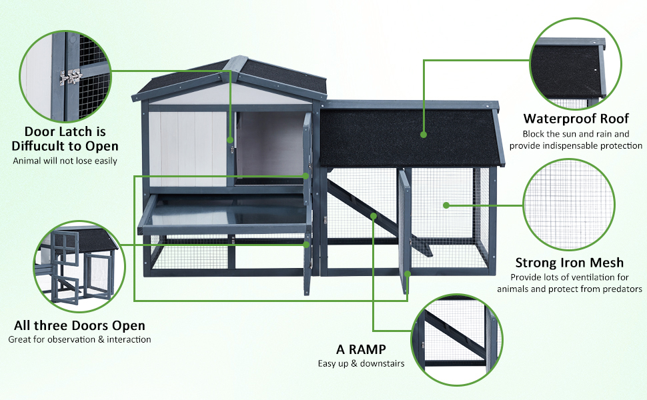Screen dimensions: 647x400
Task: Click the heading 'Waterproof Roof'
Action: pyautogui.click(x=576, y=119)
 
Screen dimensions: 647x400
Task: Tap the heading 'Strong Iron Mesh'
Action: pyautogui.click(x=569, y=263)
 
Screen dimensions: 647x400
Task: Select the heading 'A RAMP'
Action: pyautogui.click(x=361, y=349)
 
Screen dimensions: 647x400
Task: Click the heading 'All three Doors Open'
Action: pyautogui.click(x=79, y=325)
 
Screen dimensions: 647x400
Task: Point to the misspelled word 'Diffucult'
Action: pyautogui.click(x=42, y=146)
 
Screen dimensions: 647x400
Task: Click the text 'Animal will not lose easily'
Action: pyautogui.click(x=65, y=161)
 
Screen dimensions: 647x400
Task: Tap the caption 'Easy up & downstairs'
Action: pyautogui.click(x=361, y=364)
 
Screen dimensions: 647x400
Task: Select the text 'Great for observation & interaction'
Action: pyautogui.click(x=79, y=339)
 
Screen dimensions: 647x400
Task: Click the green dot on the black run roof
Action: pyautogui.click(x=424, y=134)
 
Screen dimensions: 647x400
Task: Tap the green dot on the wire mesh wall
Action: pyautogui.click(x=445, y=205)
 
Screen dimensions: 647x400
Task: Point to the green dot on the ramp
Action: pyautogui.click(x=374, y=216)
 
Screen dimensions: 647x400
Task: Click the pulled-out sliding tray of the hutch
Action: pyautogui.click(x=223, y=217)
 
